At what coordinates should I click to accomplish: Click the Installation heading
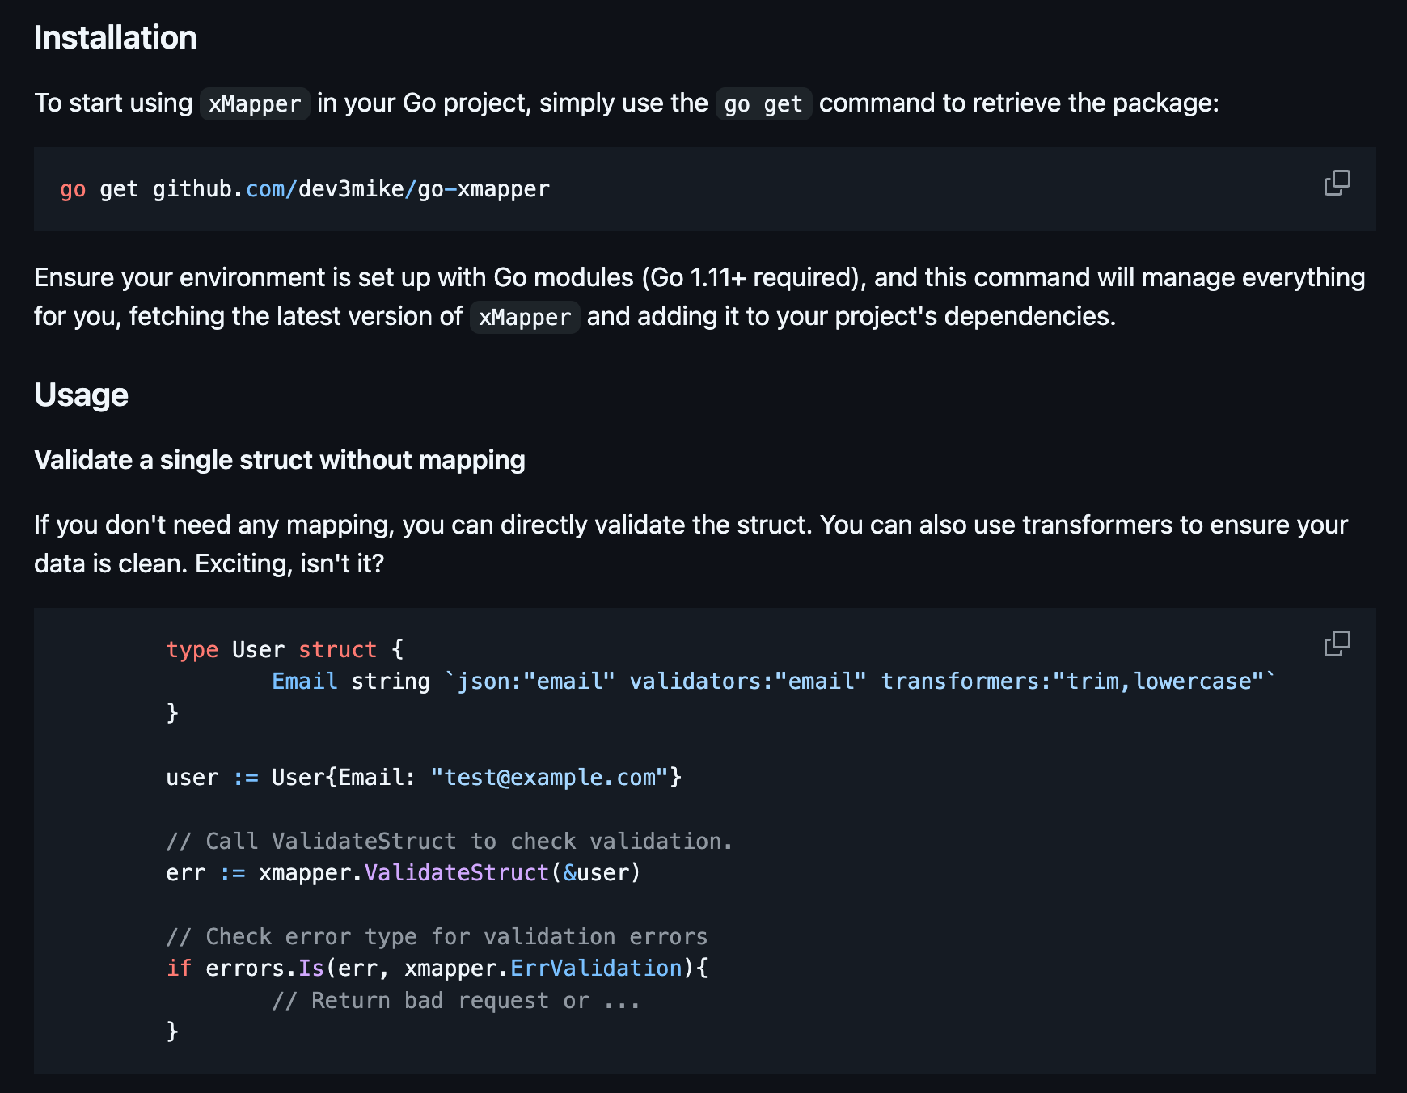click(116, 38)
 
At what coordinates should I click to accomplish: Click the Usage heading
click(81, 395)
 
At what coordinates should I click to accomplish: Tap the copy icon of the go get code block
click(1337, 183)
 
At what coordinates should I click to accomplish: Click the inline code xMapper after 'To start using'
click(255, 104)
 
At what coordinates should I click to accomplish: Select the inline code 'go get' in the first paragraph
click(763, 104)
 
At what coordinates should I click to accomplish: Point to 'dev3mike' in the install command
click(351, 189)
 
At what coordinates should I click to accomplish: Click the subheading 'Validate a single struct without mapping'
click(280, 460)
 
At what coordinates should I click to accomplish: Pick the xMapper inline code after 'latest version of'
click(525, 317)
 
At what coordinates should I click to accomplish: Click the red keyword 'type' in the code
click(192, 650)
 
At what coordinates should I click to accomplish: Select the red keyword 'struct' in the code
click(338, 650)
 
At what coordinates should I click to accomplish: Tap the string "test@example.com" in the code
click(550, 778)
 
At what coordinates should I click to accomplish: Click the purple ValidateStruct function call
click(457, 873)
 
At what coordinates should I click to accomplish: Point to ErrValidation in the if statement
click(596, 969)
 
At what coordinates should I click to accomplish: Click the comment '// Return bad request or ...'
click(456, 1001)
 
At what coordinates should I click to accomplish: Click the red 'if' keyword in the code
click(179, 969)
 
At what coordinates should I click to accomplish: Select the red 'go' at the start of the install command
click(73, 190)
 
